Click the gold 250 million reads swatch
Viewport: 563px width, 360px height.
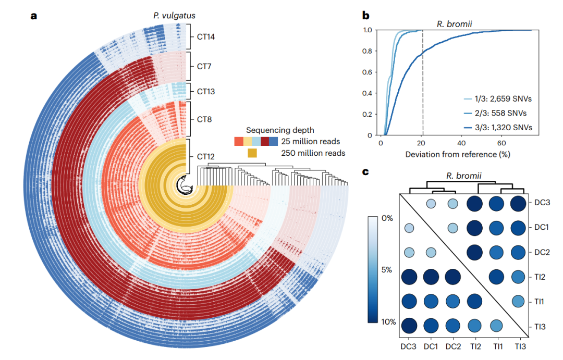pyautogui.click(x=252, y=153)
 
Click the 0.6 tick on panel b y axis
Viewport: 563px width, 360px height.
pyautogui.click(x=370, y=72)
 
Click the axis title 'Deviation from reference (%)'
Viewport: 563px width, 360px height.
pyautogui.click(x=457, y=154)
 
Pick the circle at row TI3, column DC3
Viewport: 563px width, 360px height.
pyautogui.click(x=409, y=326)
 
